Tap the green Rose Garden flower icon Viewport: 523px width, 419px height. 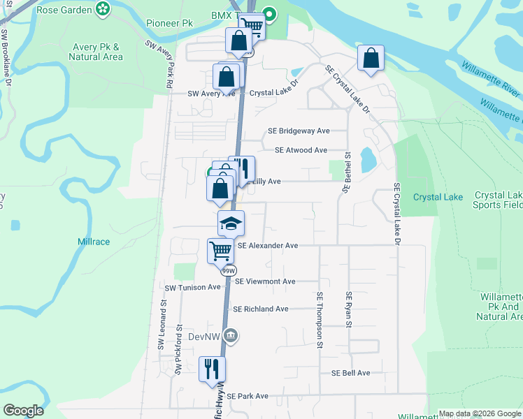[x=103, y=9]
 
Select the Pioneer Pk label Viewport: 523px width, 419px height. [x=169, y=22]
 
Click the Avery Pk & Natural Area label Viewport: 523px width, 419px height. [x=97, y=52]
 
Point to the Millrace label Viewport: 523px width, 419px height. [x=93, y=242]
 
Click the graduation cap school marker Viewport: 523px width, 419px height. [x=231, y=223]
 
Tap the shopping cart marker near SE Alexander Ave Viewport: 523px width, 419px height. [x=220, y=250]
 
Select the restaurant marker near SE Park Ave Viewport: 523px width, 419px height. [x=212, y=368]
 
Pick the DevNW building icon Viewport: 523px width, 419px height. [x=232, y=337]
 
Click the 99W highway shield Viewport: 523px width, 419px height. [x=228, y=271]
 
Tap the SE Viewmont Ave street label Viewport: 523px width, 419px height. [x=265, y=281]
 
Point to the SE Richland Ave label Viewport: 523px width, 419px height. [x=260, y=309]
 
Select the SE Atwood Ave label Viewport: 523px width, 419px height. [x=301, y=150]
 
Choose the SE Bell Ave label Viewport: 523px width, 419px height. [x=350, y=373]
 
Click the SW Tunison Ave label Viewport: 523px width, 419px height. [x=192, y=288]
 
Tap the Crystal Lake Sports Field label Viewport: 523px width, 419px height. [x=498, y=200]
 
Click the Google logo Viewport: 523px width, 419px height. [x=23, y=411]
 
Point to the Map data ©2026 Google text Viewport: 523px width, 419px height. [x=478, y=413]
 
